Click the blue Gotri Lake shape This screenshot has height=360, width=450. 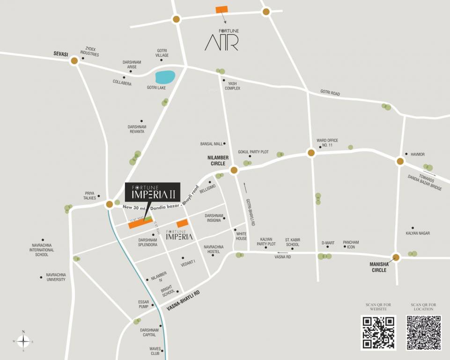(x=165, y=77)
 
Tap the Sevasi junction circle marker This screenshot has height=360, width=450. (x=74, y=60)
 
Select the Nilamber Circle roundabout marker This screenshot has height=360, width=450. (x=234, y=170)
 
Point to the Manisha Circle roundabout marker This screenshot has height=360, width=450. (x=397, y=257)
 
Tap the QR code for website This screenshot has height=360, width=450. (x=378, y=332)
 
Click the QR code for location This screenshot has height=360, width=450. (x=423, y=332)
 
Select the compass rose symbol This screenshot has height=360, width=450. (x=23, y=341)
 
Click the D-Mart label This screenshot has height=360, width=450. (x=328, y=243)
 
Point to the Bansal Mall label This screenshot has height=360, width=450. (x=211, y=144)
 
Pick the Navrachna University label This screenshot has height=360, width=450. (x=56, y=277)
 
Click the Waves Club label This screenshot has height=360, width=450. (x=155, y=351)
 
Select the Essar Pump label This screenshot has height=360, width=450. (x=143, y=304)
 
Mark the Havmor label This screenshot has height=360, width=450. (x=418, y=154)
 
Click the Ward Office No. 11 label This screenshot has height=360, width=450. (x=327, y=143)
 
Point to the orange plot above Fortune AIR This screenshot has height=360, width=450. (x=221, y=9)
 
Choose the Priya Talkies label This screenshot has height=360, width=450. (x=89, y=195)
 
